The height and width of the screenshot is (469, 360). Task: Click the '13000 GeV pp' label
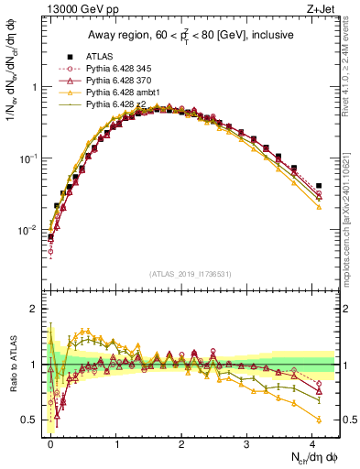click(71, 10)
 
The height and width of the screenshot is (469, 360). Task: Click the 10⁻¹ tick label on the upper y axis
click(27, 158)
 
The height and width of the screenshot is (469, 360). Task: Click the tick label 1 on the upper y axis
click(33, 88)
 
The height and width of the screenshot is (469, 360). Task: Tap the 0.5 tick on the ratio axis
click(28, 420)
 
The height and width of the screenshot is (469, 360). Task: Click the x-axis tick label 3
click(247, 443)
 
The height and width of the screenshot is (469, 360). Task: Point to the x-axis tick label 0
click(50, 443)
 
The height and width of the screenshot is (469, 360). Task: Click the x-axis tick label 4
click(312, 443)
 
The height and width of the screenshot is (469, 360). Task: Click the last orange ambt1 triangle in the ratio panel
click(318, 420)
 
